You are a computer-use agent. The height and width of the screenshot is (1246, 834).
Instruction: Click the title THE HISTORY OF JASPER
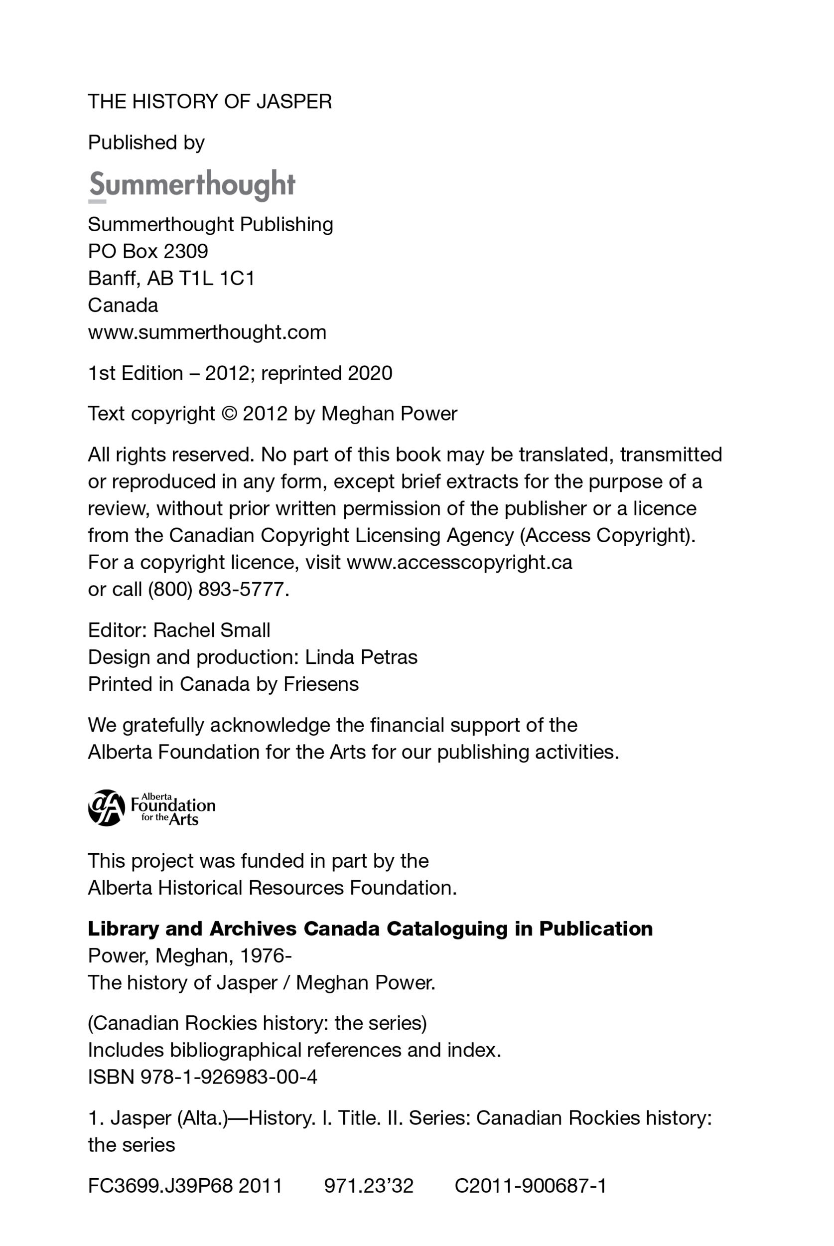210,102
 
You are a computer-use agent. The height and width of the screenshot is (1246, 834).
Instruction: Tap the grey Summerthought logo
191,184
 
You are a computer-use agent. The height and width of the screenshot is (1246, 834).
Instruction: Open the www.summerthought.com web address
207,332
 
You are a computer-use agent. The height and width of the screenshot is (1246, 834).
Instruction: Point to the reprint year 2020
370,373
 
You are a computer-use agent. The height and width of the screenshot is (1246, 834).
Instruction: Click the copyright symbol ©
229,414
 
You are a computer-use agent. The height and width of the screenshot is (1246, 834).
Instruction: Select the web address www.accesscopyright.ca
459,562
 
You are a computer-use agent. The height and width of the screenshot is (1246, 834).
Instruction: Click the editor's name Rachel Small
212,630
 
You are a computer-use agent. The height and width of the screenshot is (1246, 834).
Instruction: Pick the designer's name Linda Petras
361,657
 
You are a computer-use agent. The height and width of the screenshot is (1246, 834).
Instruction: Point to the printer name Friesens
321,684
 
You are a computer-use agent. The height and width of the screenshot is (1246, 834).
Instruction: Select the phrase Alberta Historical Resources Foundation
272,888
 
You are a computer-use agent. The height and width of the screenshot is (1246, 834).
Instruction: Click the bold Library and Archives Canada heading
370,929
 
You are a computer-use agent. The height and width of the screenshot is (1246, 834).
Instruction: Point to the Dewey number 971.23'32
369,1186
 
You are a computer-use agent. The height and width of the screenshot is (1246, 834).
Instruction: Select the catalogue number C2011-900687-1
530,1186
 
